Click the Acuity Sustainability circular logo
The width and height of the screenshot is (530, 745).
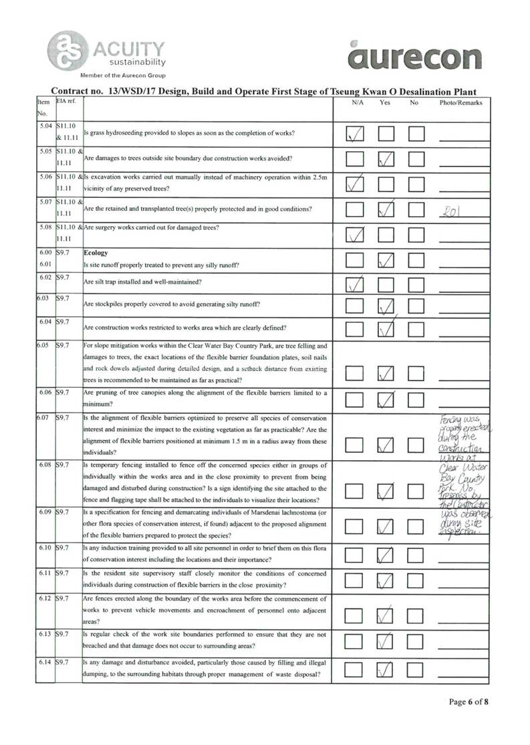[66, 49]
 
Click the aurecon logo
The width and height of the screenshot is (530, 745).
[414, 56]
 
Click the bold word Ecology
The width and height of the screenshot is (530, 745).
[96, 253]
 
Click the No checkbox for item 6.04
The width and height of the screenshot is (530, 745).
[416, 328]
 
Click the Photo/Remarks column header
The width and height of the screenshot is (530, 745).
[460, 102]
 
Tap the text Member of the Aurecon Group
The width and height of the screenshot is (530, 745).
[122, 76]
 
